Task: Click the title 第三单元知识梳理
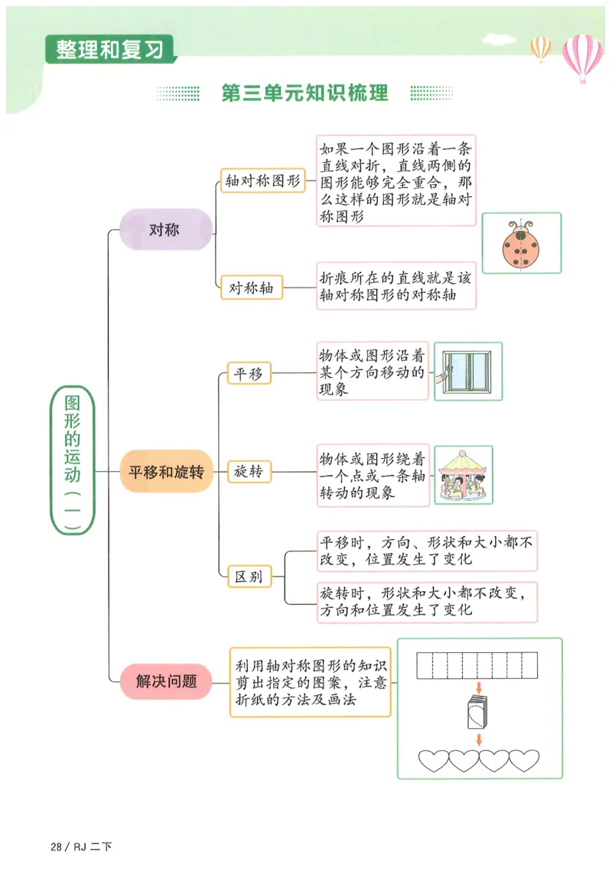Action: (x=304, y=93)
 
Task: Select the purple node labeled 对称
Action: (x=166, y=229)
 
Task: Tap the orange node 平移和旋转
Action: (x=166, y=472)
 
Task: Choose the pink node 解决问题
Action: (x=166, y=681)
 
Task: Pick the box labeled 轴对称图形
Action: (x=262, y=180)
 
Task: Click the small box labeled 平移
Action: (x=249, y=373)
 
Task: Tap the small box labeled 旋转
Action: (x=249, y=472)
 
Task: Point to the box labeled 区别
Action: (x=249, y=576)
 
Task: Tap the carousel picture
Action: (x=464, y=475)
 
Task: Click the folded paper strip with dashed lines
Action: (x=479, y=665)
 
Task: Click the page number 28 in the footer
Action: (x=55, y=846)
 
